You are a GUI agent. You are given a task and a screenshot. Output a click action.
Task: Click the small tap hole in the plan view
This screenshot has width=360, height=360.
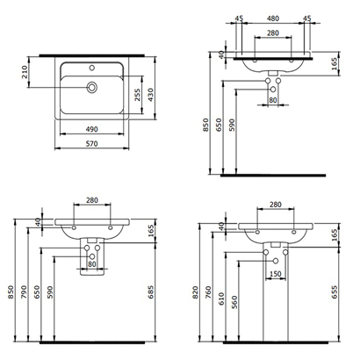[x=91, y=68]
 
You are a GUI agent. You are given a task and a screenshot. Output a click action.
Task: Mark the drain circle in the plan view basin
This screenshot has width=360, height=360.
[x=91, y=86]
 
